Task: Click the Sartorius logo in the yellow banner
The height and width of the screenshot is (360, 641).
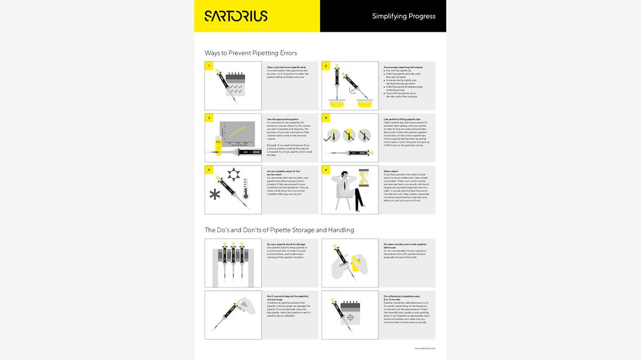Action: pyautogui.click(x=236, y=16)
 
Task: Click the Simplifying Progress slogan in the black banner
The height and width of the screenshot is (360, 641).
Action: pyautogui.click(x=404, y=16)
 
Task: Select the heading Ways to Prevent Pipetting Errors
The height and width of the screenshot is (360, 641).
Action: pyautogui.click(x=251, y=53)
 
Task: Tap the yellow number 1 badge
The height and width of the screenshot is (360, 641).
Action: pyautogui.click(x=209, y=66)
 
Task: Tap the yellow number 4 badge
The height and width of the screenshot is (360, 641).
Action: pyautogui.click(x=326, y=118)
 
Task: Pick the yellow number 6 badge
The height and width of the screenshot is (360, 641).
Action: pyautogui.click(x=326, y=170)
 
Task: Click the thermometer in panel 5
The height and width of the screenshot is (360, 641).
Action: pyautogui.click(x=244, y=190)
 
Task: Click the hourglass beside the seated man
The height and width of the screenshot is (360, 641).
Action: pyautogui.click(x=364, y=181)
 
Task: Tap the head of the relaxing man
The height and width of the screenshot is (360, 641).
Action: pyautogui.click(x=345, y=175)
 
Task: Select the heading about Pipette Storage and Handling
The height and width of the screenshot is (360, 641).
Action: pyautogui.click(x=279, y=230)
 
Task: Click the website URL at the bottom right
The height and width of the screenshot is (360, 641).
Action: pyautogui.click(x=424, y=348)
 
